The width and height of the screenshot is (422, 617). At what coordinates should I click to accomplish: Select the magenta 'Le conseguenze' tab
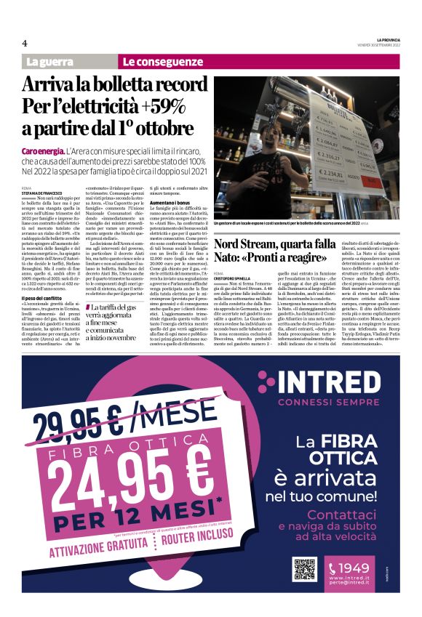pos(163,62)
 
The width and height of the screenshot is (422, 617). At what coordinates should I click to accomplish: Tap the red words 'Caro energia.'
pos(43,151)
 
